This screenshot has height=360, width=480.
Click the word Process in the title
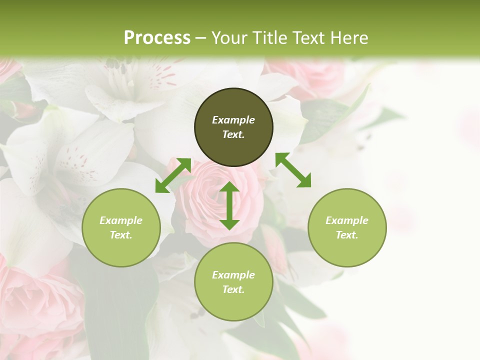pyautogui.click(x=157, y=38)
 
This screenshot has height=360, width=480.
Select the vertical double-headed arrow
pyautogui.click(x=229, y=205)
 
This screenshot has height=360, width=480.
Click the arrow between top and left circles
pyautogui.click(x=173, y=175)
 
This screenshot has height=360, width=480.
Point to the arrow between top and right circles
pyautogui.click(x=293, y=170)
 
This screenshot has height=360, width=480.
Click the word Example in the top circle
pyautogui.click(x=233, y=120)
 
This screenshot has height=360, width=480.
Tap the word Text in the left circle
pyautogui.click(x=120, y=235)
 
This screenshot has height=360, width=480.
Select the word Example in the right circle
pyautogui.click(x=347, y=220)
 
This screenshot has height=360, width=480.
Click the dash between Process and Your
pyautogui.click(x=201, y=38)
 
